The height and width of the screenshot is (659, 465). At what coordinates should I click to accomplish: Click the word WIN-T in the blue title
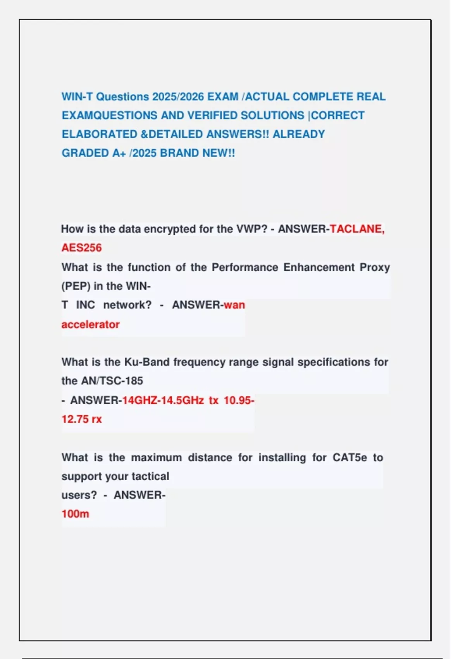pyautogui.click(x=77, y=97)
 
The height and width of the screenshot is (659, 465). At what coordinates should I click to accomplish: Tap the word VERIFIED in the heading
pyautogui.click(x=212, y=116)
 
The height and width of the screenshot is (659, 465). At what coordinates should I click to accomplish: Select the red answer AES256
pyautogui.click(x=81, y=248)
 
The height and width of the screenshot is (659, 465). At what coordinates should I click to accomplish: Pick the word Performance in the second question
pyautogui.click(x=245, y=267)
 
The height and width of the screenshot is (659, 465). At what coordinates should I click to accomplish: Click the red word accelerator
pyautogui.click(x=90, y=324)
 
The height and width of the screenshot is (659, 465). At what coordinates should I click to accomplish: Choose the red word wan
pyautogui.click(x=234, y=305)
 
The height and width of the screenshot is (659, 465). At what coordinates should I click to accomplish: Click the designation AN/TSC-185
pyautogui.click(x=112, y=381)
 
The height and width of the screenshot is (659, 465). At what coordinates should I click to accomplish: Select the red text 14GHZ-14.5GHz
pyautogui.click(x=163, y=400)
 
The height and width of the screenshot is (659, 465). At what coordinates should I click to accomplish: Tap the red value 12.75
pyautogui.click(x=74, y=419)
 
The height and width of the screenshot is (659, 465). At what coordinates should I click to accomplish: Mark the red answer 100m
pyautogui.click(x=75, y=514)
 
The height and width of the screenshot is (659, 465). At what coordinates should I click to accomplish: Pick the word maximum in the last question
pyautogui.click(x=157, y=457)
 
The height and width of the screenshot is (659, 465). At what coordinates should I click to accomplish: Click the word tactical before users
pyautogui.click(x=150, y=476)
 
